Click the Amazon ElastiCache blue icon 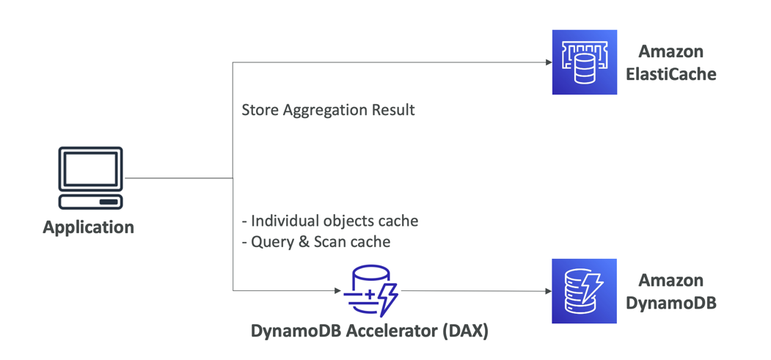[x=584, y=62]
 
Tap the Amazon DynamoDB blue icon [x=584, y=291]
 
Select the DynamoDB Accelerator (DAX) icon [x=370, y=291]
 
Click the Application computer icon [x=90, y=178]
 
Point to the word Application [x=88, y=227]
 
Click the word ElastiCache [x=671, y=74]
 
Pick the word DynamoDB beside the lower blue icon [x=671, y=303]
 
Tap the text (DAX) [x=465, y=331]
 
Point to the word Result [x=392, y=110]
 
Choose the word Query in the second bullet [x=273, y=241]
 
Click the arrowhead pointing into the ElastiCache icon [x=549, y=62]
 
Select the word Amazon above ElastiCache [x=671, y=51]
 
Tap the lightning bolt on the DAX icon [x=387, y=297]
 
